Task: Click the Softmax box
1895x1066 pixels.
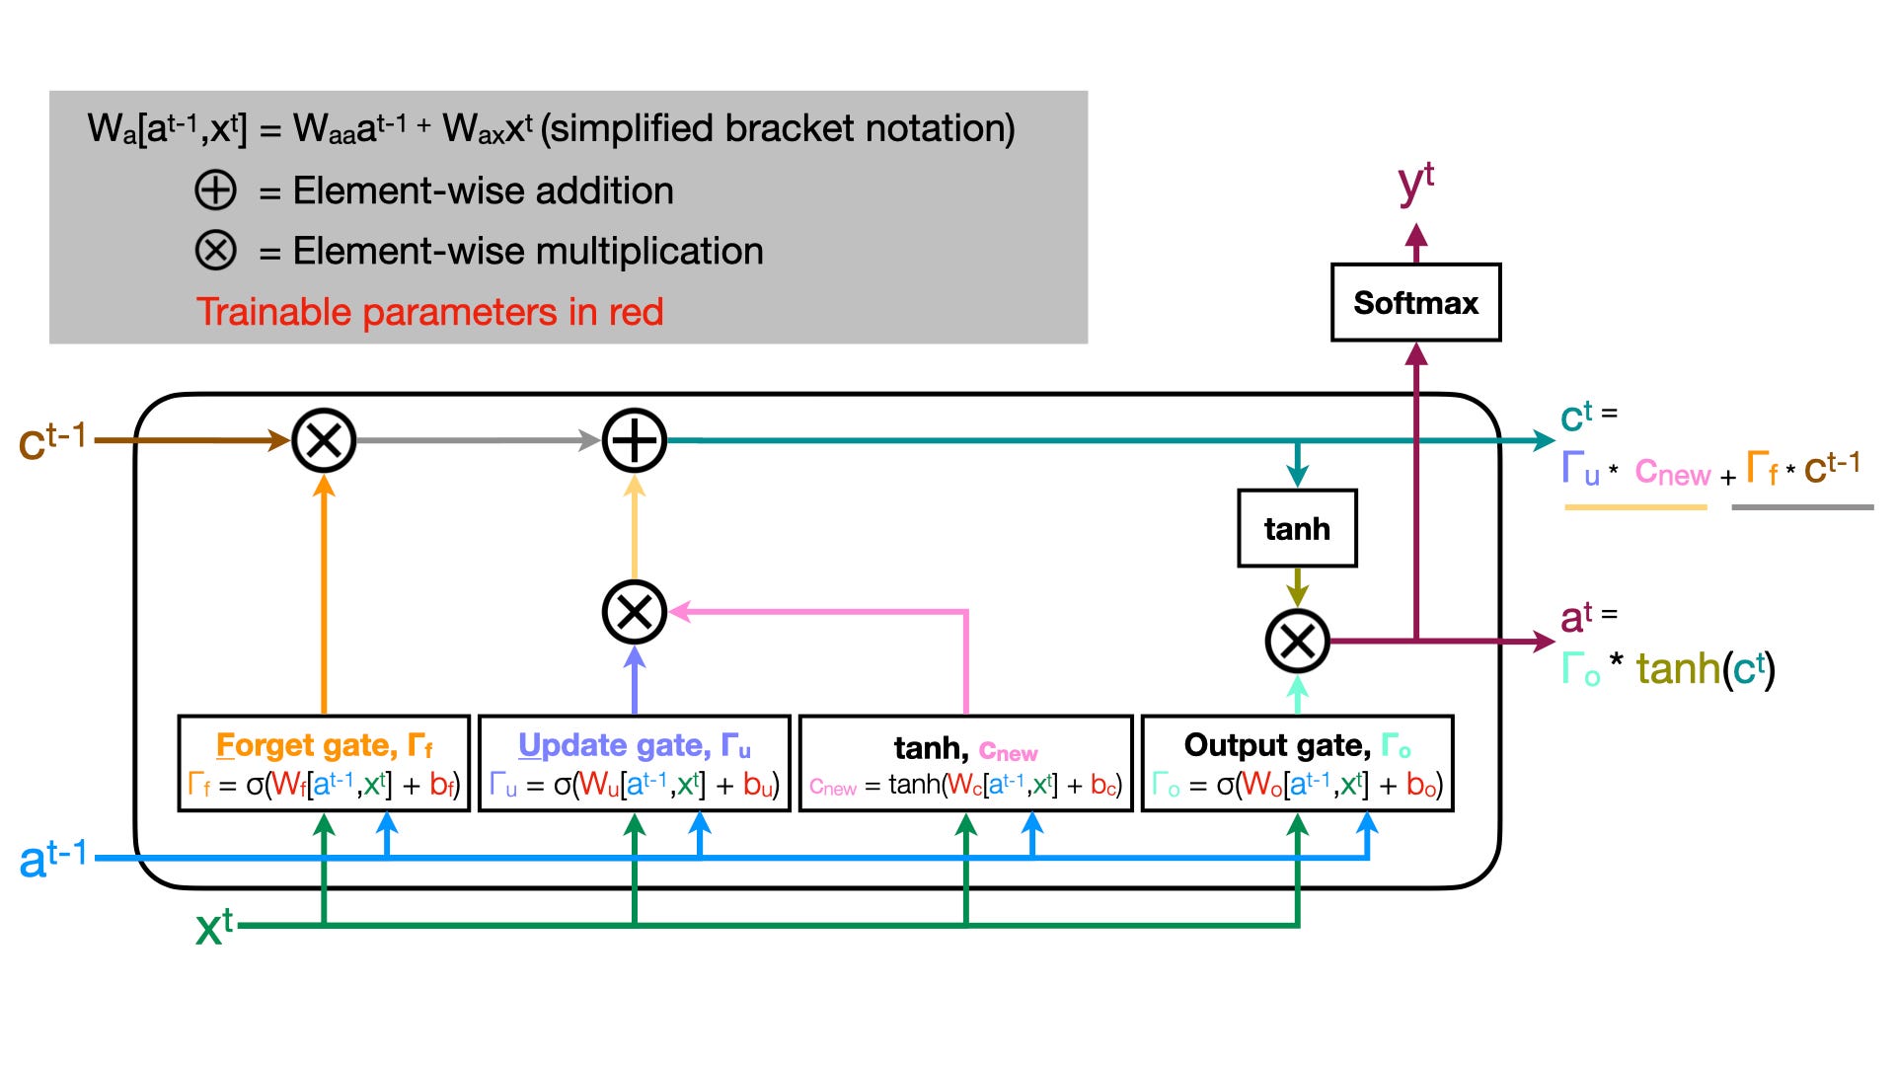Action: (x=1415, y=302)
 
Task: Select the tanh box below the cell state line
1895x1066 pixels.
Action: (x=1297, y=528)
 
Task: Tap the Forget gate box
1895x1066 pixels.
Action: (x=324, y=763)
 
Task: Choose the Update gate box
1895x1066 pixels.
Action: (x=634, y=763)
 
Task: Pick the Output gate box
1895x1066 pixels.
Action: (x=1297, y=763)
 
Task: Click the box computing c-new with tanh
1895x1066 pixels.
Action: (x=965, y=763)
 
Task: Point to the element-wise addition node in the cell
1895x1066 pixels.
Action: (x=635, y=440)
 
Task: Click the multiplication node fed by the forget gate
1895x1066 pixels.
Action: (x=324, y=440)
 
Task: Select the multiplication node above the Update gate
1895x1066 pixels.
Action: (x=635, y=612)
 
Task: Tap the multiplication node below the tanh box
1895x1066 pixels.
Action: (x=1297, y=642)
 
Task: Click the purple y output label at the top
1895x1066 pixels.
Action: (x=1415, y=183)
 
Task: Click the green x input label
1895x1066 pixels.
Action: (x=214, y=927)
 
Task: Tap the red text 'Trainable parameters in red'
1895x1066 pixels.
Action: (x=429, y=312)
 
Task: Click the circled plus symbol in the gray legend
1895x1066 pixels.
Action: (x=215, y=190)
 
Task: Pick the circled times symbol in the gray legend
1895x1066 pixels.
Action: (x=215, y=251)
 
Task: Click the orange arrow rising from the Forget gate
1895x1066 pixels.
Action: (x=324, y=592)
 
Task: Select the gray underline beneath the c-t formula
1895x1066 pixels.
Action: (x=1802, y=507)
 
